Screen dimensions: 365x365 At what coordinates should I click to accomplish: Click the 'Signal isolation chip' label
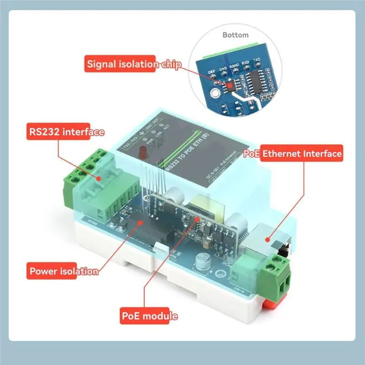[133, 64]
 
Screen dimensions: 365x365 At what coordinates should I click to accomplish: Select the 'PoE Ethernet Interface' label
[293, 154]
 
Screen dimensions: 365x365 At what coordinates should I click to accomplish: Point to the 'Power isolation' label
[63, 271]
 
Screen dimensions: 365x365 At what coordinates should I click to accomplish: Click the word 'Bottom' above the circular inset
[235, 35]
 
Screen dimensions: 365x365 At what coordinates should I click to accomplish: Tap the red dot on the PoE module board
[197, 219]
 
